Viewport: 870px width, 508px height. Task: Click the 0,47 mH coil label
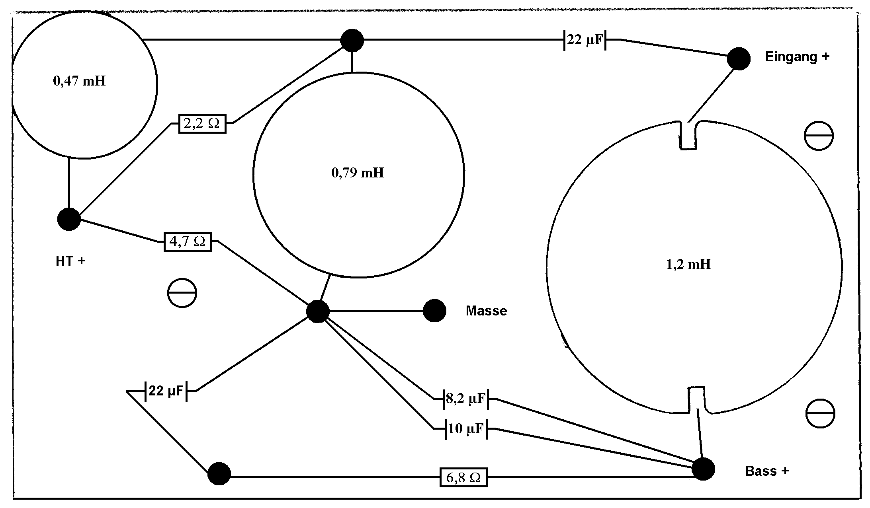click(x=79, y=81)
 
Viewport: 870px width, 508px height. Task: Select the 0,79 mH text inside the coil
click(x=358, y=173)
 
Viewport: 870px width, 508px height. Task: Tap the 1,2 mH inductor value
click(x=688, y=264)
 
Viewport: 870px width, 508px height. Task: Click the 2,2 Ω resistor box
click(x=202, y=124)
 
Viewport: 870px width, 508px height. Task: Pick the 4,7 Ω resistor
click(x=188, y=241)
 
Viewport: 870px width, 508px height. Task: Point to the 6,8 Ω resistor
click(x=463, y=477)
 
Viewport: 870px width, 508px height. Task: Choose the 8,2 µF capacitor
click(x=466, y=399)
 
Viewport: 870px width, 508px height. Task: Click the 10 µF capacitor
click(x=466, y=428)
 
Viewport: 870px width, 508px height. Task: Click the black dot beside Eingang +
click(x=739, y=59)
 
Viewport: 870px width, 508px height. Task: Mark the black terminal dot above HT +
click(x=69, y=219)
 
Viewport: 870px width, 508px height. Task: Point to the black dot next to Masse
click(x=434, y=311)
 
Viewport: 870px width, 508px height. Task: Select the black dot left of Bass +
click(x=703, y=469)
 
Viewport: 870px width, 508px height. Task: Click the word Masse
click(x=486, y=311)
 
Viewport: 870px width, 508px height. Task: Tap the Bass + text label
click(x=767, y=471)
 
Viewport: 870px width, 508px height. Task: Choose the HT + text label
click(x=70, y=261)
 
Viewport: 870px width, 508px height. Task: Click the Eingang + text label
click(x=797, y=57)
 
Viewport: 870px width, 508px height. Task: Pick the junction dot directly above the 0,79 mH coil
click(x=352, y=40)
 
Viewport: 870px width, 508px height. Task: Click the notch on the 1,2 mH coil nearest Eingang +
click(x=688, y=135)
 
